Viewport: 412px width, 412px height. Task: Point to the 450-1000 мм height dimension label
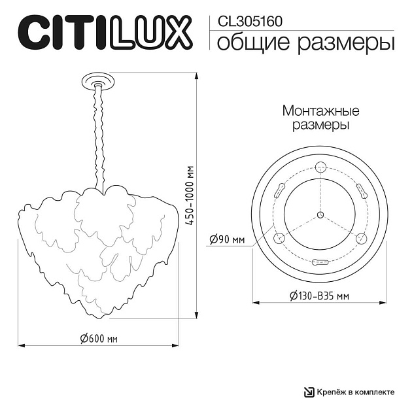[190, 196]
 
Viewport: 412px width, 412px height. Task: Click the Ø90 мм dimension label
[227, 239]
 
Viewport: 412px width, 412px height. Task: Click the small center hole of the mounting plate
[320, 215]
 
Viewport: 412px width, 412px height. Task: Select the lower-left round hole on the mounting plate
[279, 238]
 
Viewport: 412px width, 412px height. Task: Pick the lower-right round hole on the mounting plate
[360, 238]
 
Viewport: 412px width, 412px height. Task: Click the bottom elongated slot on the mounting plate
[320, 262]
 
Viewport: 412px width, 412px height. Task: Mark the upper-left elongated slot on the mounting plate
[279, 191]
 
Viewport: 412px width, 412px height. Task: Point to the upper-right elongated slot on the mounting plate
[361, 191]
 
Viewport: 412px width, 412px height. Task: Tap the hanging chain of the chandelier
[99, 137]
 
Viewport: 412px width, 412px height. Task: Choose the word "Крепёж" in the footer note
[332, 392]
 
